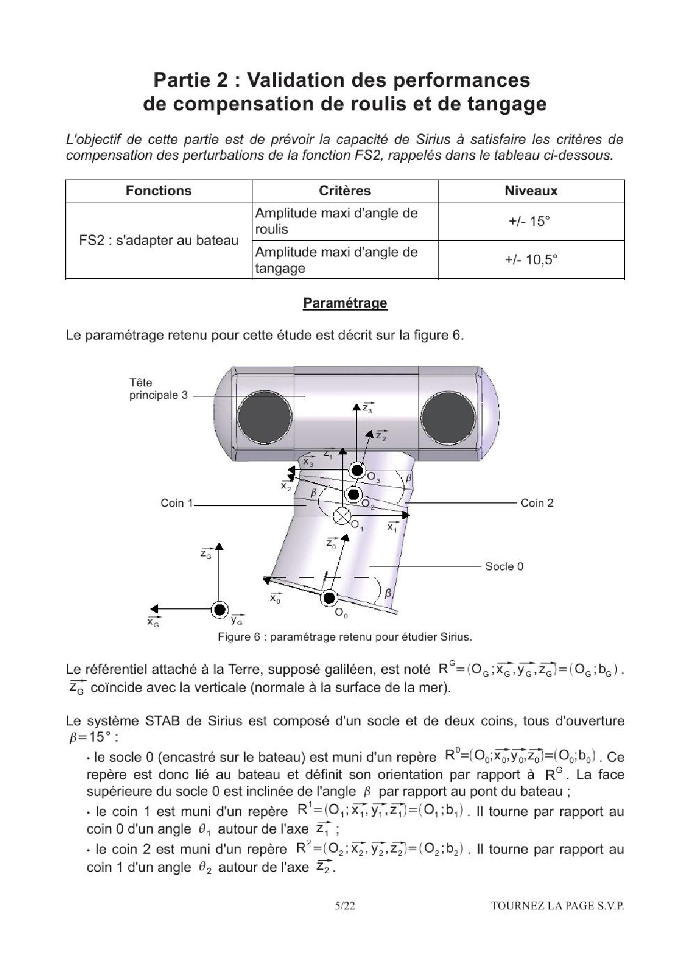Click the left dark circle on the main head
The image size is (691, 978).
tap(264, 418)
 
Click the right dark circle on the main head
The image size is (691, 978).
tap(448, 418)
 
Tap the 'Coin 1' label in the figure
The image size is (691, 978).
tap(177, 503)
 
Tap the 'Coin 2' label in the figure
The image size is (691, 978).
tap(537, 503)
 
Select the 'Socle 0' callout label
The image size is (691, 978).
tap(504, 567)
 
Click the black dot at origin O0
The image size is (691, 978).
tap(329, 598)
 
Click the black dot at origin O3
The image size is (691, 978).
tap(357, 470)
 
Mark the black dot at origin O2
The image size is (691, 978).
tap(353, 494)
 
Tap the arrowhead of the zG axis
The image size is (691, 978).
tap(220, 546)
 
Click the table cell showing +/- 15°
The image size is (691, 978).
tap(531, 221)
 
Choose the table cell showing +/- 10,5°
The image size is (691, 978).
tap(531, 260)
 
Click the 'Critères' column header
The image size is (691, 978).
tap(345, 191)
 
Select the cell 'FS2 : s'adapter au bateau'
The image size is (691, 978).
tap(159, 240)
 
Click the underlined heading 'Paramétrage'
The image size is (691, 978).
tap(345, 303)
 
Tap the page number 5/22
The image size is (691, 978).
tap(345, 906)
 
